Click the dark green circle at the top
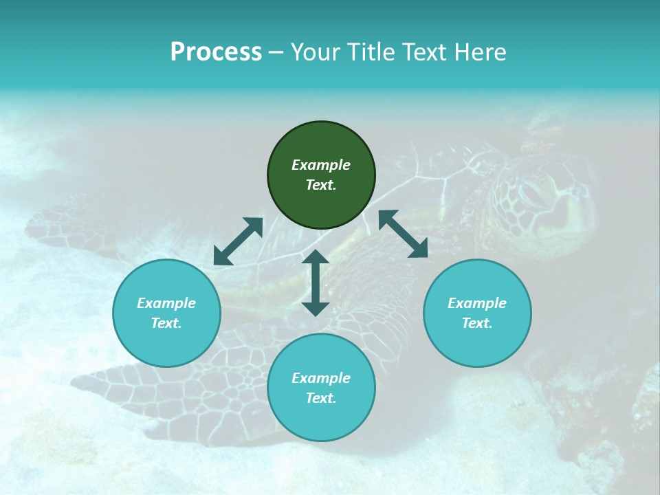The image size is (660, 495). [321, 175]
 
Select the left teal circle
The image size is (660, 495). [166, 313]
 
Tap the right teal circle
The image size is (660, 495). [477, 313]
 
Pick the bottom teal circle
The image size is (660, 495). [321, 388]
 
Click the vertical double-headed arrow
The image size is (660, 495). [316, 283]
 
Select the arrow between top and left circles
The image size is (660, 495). [238, 241]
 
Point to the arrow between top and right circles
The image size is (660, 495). [403, 234]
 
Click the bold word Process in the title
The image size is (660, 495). [216, 52]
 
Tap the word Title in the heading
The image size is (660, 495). [371, 52]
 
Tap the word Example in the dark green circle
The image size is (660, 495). [321, 165]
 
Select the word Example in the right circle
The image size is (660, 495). [477, 303]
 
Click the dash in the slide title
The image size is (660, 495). [276, 52]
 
